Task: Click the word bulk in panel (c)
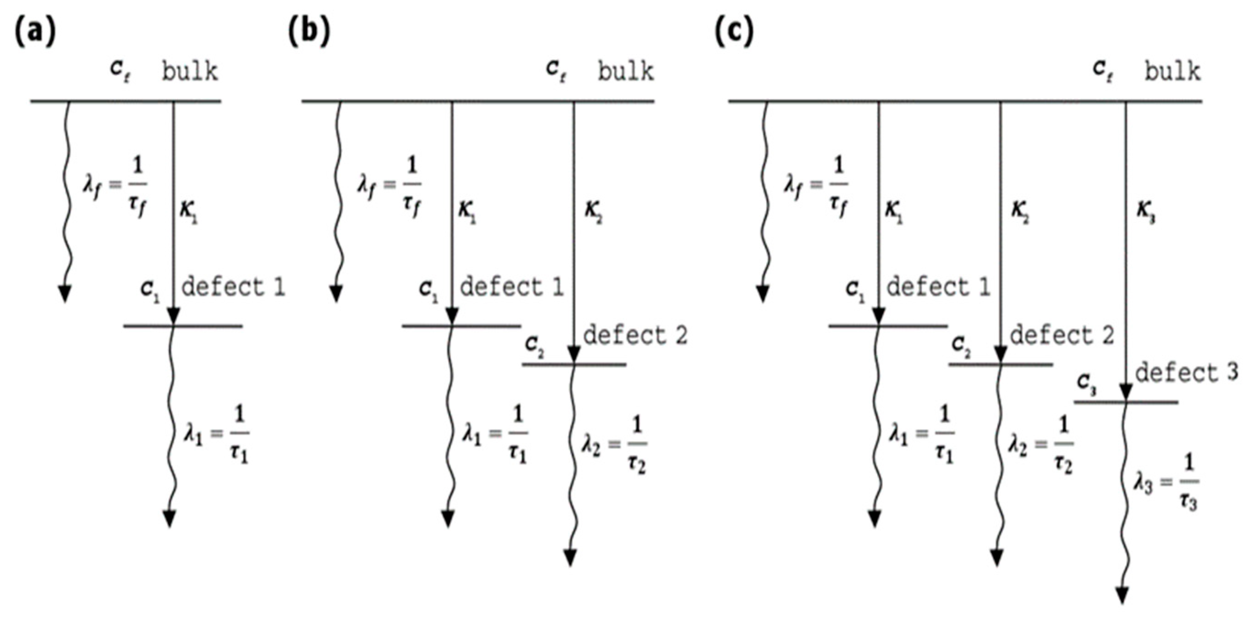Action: click(1172, 72)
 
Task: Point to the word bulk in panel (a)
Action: click(190, 72)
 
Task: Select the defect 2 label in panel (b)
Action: click(635, 336)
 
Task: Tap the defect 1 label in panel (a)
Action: click(233, 287)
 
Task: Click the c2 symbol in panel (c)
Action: click(961, 346)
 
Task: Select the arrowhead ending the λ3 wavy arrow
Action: click(1122, 595)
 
